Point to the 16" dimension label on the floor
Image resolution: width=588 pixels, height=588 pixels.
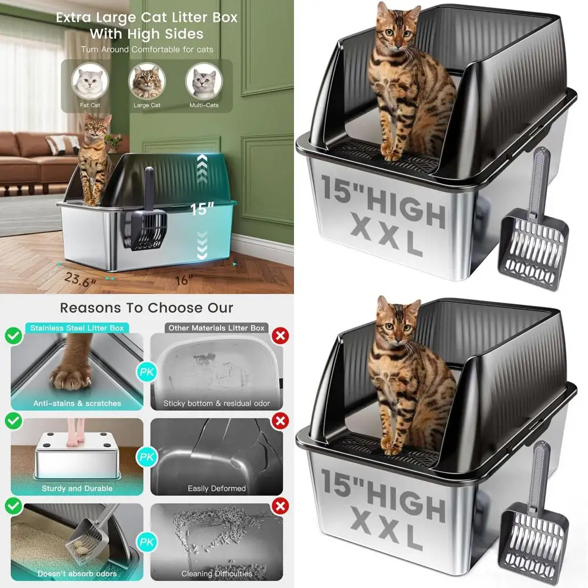pos(183,280)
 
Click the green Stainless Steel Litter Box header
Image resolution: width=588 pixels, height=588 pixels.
pos(77,328)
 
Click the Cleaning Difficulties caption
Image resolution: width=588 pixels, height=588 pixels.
pos(216,573)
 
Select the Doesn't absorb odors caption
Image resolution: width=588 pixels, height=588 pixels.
pos(77,573)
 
